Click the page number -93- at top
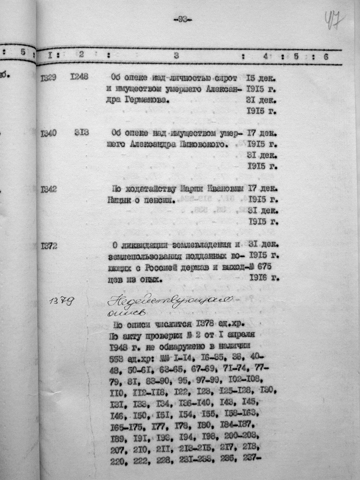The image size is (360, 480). [x=182, y=20]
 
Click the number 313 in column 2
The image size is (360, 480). [x=82, y=133]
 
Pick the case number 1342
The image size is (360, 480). [x=49, y=190]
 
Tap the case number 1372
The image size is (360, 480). [x=49, y=246]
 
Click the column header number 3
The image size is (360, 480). [x=176, y=55]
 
